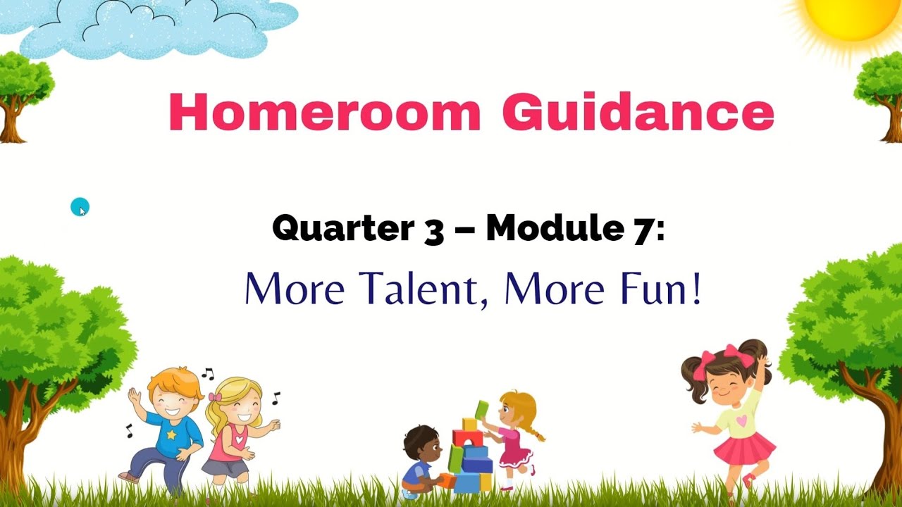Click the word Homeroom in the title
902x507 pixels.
pyautogui.click(x=325, y=113)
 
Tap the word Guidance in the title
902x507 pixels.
pyautogui.click(x=638, y=113)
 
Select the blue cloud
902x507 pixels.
pyautogui.click(x=155, y=28)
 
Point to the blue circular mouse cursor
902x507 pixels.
pyautogui.click(x=80, y=207)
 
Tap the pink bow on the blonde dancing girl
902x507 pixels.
pyautogui.click(x=214, y=396)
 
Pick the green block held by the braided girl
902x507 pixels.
pyautogui.click(x=482, y=409)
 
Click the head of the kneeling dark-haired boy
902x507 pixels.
pyautogui.click(x=421, y=442)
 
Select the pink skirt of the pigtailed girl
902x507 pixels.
pyautogui.click(x=744, y=448)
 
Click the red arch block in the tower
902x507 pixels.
pyautogui.click(x=467, y=439)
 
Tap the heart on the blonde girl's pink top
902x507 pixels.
pyautogui.click(x=241, y=439)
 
